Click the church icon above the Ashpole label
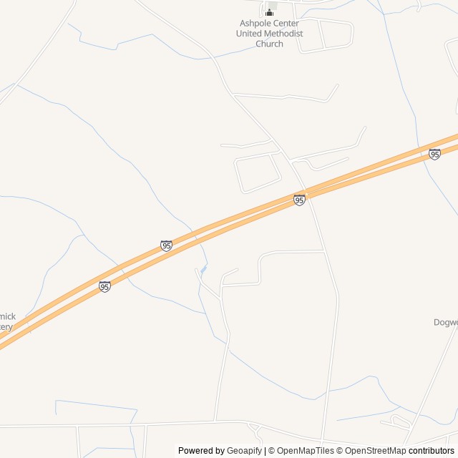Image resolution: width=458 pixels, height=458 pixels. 269,11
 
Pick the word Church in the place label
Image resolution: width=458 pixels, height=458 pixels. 269,44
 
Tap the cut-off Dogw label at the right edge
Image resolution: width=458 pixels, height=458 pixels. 445,322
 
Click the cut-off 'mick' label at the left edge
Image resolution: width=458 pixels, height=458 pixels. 7,316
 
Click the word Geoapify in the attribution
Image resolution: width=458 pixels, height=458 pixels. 245,451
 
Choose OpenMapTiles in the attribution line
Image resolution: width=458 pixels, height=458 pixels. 305,451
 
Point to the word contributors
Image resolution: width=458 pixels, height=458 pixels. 432,451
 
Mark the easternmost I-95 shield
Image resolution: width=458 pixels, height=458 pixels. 434,154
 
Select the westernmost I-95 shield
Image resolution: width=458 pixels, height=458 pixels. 104,286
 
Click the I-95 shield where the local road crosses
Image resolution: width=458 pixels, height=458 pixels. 299,200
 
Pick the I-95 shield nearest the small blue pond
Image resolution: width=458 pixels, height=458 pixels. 166,245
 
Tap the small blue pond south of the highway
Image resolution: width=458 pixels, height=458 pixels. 204,269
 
